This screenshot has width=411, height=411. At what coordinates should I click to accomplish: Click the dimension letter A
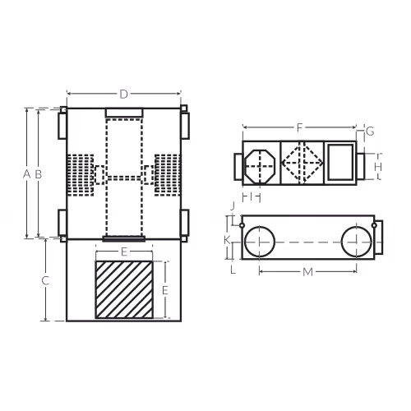(x=26, y=174)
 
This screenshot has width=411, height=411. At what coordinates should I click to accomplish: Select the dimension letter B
(x=39, y=174)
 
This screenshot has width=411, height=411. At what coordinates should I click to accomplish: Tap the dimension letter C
(x=45, y=280)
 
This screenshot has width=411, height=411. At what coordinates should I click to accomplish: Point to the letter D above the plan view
(x=124, y=95)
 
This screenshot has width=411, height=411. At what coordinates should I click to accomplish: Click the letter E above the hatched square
(x=124, y=252)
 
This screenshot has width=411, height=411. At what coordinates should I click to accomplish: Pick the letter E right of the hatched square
(x=165, y=290)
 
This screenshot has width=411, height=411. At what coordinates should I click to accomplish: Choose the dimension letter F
(x=299, y=127)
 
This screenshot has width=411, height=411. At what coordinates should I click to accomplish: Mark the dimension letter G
(x=370, y=132)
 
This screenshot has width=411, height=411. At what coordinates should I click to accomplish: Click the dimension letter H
(x=378, y=167)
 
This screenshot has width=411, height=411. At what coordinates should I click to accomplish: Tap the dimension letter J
(x=233, y=205)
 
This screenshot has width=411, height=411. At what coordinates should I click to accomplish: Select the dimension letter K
(x=227, y=240)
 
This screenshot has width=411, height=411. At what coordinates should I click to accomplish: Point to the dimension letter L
(x=233, y=270)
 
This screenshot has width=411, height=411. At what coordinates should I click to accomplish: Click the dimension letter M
(x=307, y=272)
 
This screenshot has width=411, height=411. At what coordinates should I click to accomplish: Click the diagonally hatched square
(x=124, y=290)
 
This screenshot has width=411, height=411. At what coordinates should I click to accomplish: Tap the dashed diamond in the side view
(x=282, y=163)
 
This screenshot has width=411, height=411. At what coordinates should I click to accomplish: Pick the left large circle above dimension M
(x=244, y=242)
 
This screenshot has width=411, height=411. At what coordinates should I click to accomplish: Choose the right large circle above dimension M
(x=341, y=242)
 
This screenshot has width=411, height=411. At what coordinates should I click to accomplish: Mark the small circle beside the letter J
(x=242, y=225)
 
